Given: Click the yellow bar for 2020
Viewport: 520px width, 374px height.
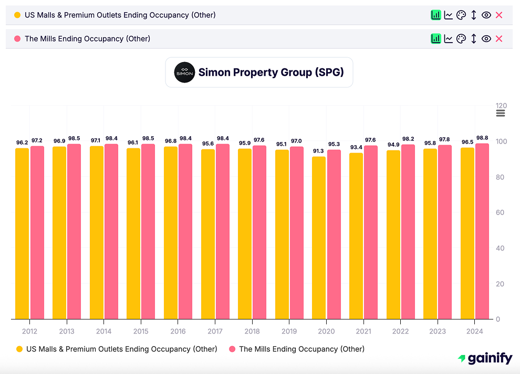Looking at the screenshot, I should point(319,238).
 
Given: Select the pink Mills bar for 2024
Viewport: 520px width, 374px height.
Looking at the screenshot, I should point(482,231).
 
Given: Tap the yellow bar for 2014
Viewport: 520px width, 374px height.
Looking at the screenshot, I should point(97,233).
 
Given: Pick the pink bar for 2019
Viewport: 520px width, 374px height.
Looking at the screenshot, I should point(297,233).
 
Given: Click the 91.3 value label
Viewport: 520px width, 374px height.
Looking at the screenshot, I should point(319,151).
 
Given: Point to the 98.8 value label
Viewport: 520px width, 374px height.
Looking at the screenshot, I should point(482,138).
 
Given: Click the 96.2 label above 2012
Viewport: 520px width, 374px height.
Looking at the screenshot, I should point(22,143).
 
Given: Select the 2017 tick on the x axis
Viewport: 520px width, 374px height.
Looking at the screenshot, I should point(215,331).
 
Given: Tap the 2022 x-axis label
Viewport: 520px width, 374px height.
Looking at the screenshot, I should point(400,331).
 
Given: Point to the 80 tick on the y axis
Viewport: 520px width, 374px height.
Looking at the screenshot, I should point(501,177).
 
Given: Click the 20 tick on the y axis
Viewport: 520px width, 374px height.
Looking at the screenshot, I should point(501,284).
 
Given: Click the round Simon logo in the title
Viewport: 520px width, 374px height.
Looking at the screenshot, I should point(184,73).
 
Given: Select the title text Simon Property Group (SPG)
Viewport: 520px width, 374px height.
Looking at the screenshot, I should point(271,73).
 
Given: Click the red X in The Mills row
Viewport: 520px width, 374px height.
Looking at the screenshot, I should point(499,38).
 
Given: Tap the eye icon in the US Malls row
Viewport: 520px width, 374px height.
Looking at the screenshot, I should point(486,15).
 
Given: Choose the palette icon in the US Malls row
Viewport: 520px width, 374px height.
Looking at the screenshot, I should point(461,15).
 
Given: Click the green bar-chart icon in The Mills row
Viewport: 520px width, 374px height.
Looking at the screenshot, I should point(435,38).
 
